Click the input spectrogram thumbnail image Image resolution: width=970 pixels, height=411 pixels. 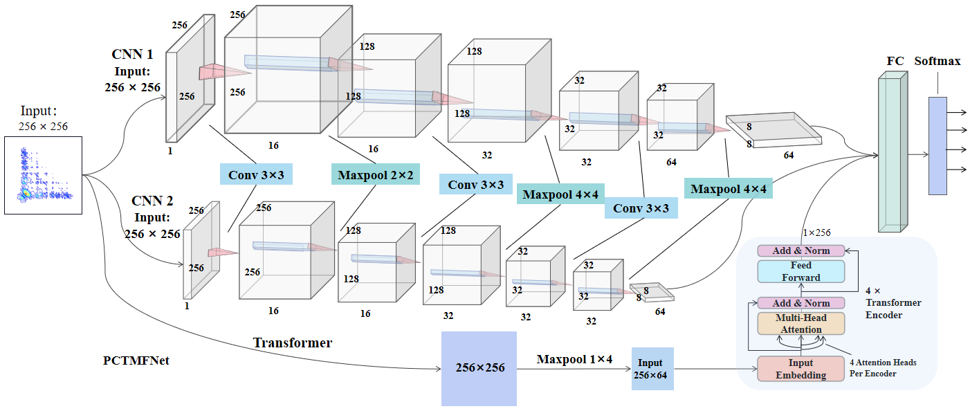click(x=44, y=175)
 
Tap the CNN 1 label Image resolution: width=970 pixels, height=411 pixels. click(x=132, y=54)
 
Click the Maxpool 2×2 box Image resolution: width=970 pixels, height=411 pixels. click(x=376, y=175)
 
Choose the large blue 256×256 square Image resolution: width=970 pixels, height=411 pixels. click(x=479, y=368)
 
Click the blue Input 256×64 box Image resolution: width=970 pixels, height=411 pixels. click(x=652, y=369)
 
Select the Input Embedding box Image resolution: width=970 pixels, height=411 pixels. click(x=801, y=369)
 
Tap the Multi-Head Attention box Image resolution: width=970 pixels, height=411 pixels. click(x=801, y=324)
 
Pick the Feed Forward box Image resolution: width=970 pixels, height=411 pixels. click(x=801, y=271)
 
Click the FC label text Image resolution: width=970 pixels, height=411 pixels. click(x=895, y=61)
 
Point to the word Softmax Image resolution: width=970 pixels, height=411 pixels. click(x=937, y=61)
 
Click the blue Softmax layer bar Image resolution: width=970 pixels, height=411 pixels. click(x=937, y=145)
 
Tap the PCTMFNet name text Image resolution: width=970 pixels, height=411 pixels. click(x=136, y=360)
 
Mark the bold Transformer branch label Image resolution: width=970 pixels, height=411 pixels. click(x=292, y=342)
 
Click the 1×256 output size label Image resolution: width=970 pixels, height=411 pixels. click(x=816, y=233)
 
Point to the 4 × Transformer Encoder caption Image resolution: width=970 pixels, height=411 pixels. click(x=893, y=302)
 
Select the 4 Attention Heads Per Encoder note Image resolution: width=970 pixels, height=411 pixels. click(x=885, y=367)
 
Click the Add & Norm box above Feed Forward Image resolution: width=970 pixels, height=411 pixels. click(x=801, y=250)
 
